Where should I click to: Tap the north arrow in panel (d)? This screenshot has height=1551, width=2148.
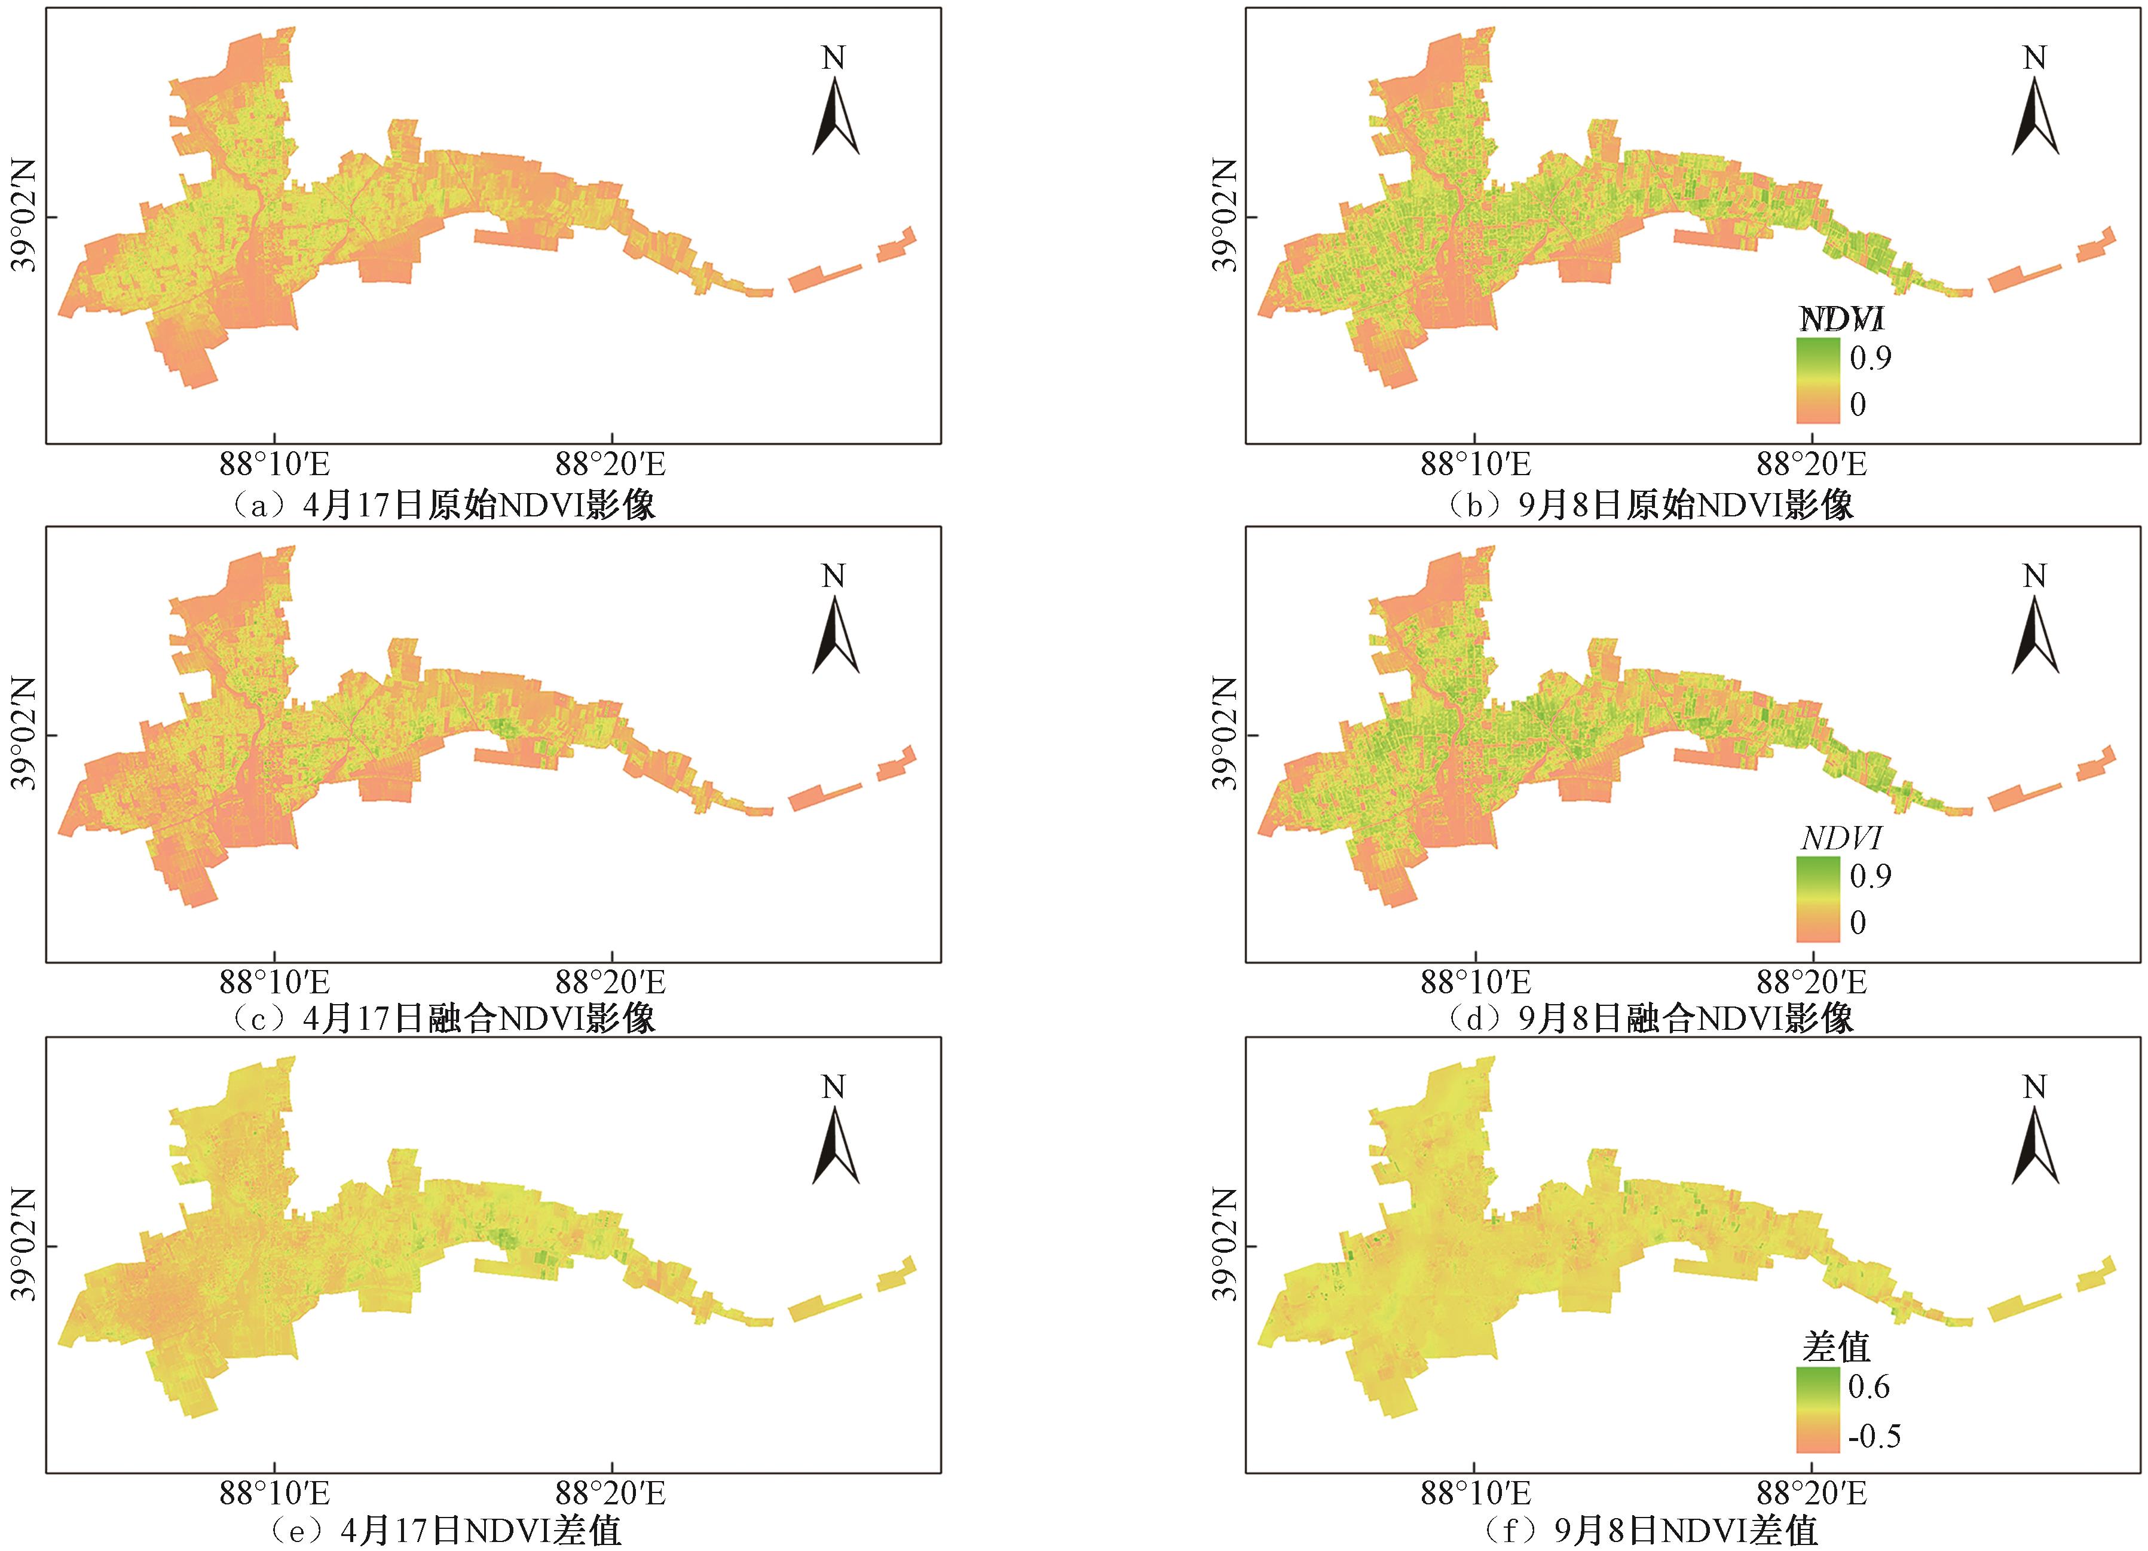click(2035, 637)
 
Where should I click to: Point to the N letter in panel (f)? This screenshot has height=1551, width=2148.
click(2034, 1087)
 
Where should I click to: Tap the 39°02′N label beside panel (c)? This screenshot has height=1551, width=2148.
click(25, 734)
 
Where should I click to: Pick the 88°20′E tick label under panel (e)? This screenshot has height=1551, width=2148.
click(611, 1494)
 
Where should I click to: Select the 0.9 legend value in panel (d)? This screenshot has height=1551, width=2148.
click(1871, 876)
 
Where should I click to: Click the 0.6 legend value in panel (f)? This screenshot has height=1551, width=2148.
click(1869, 1387)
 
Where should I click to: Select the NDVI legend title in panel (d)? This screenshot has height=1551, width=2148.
click(1841, 838)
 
